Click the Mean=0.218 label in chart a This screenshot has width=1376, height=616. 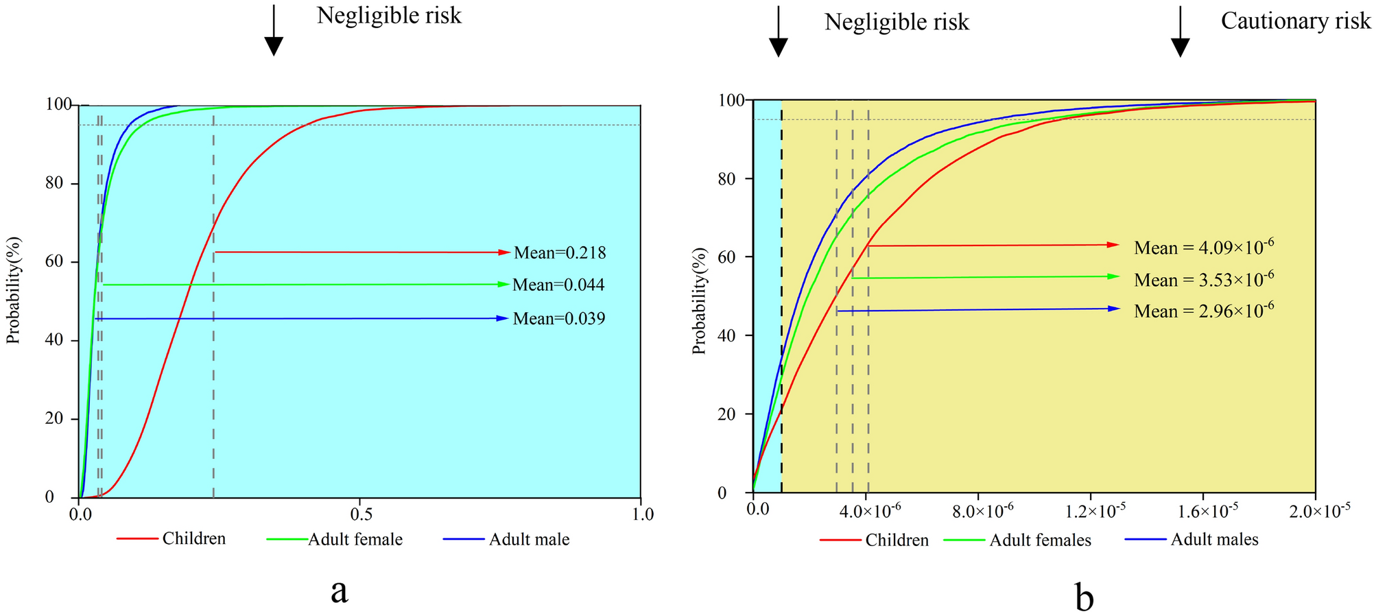pyautogui.click(x=560, y=253)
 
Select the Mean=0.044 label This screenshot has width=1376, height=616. pyautogui.click(x=558, y=285)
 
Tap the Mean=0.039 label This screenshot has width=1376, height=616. pyautogui.click(x=559, y=318)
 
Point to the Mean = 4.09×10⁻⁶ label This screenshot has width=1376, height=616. pyautogui.click(x=1204, y=247)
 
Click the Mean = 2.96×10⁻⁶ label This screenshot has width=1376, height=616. pyautogui.click(x=1204, y=311)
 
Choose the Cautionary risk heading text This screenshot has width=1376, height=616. pyautogui.click(x=1295, y=21)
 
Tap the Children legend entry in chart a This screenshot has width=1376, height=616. pyautogui.click(x=193, y=538)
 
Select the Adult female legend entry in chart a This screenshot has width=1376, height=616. pyautogui.click(x=355, y=540)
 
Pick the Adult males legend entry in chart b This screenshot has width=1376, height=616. pyautogui.click(x=1214, y=540)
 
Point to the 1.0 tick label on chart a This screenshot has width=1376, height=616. pyautogui.click(x=641, y=514)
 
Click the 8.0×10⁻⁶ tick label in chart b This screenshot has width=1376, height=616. pyautogui.click(x=980, y=512)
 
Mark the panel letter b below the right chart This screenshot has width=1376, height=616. pyautogui.click(x=1084, y=598)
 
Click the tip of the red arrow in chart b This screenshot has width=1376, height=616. pyautogui.click(x=1118, y=245)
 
